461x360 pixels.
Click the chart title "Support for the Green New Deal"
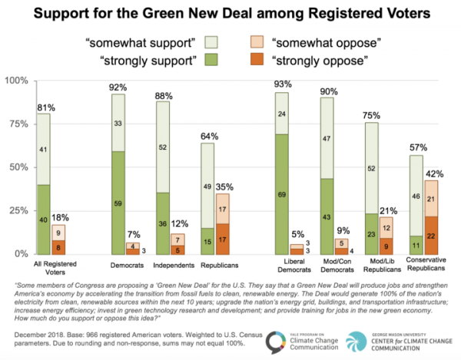230,13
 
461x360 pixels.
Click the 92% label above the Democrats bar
118,86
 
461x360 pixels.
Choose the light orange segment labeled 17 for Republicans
221,208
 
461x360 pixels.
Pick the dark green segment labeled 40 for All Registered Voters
43,219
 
